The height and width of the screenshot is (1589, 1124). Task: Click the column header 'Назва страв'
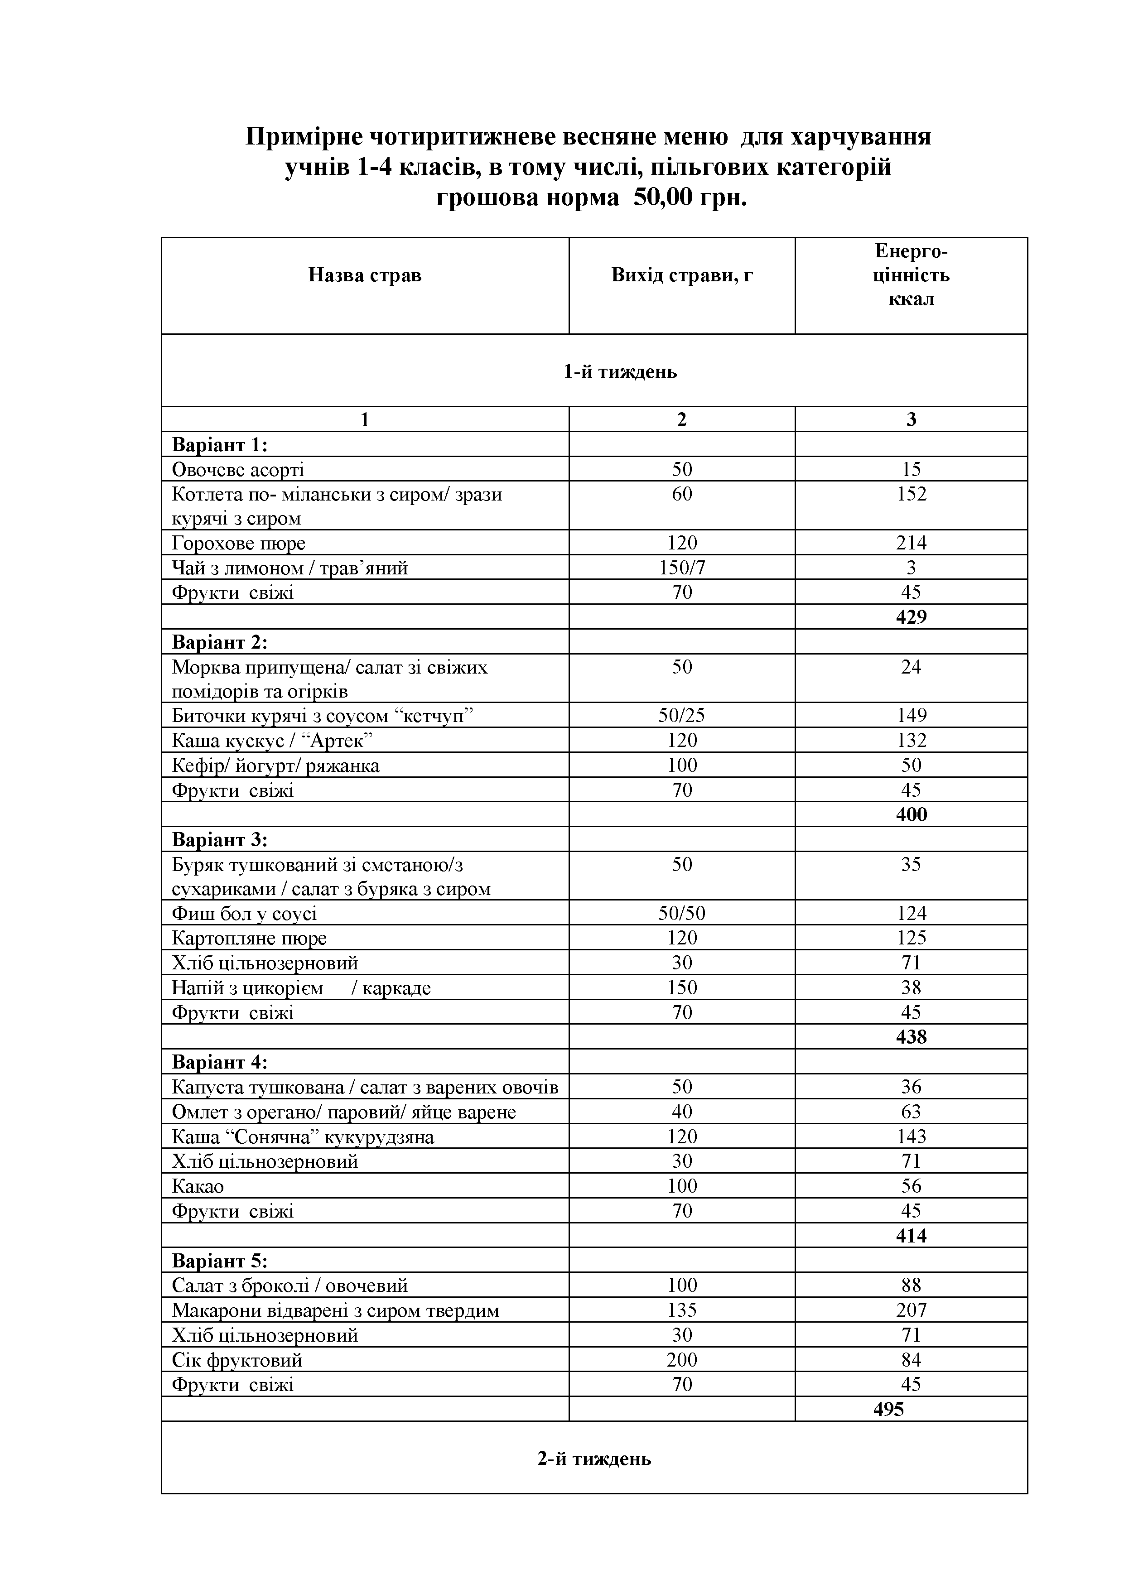pyautogui.click(x=365, y=275)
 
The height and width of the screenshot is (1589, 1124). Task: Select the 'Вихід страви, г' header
pyautogui.click(x=682, y=275)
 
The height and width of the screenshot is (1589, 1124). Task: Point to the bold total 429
pyautogui.click(x=911, y=616)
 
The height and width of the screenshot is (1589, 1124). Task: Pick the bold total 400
pyautogui.click(x=911, y=814)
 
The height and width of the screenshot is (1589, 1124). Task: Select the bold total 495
pyautogui.click(x=889, y=1409)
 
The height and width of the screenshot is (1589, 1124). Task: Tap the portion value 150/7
pyautogui.click(x=682, y=568)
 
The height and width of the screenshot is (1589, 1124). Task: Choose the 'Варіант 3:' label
pyautogui.click(x=219, y=839)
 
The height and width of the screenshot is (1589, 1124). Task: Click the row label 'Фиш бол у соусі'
pyautogui.click(x=244, y=914)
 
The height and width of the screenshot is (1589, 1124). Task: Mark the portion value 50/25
pyautogui.click(x=682, y=715)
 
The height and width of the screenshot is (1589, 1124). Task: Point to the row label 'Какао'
pyautogui.click(x=198, y=1186)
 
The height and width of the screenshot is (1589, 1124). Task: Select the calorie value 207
pyautogui.click(x=911, y=1310)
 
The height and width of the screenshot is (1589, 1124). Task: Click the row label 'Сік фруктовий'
pyautogui.click(x=237, y=1360)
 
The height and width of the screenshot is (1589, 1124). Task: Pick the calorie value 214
pyautogui.click(x=911, y=543)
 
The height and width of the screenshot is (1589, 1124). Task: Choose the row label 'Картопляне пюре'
pyautogui.click(x=249, y=939)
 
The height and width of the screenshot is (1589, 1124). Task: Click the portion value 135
pyautogui.click(x=682, y=1310)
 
